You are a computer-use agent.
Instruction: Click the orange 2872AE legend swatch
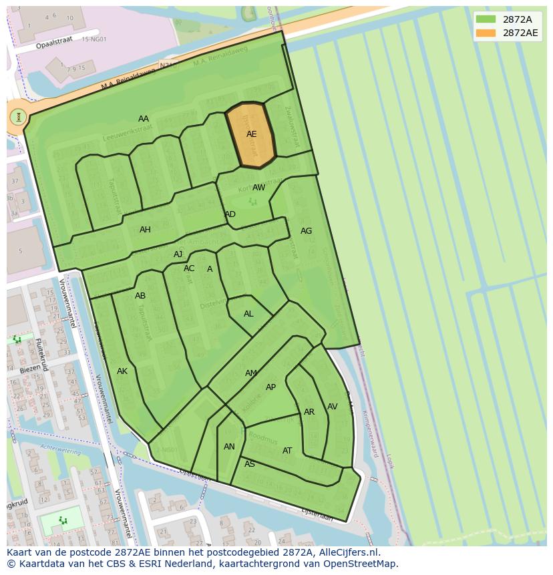tap(486, 33)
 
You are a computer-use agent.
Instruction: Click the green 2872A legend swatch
tap(486, 19)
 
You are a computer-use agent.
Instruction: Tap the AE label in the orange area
tap(251, 134)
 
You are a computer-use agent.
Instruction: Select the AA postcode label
tap(144, 119)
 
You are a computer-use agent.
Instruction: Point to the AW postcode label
tap(258, 188)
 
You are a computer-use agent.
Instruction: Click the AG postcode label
tap(306, 231)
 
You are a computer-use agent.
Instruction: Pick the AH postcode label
tap(145, 230)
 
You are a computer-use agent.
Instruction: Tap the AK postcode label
tap(122, 371)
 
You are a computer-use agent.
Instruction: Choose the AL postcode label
tap(248, 314)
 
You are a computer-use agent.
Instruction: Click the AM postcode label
tap(251, 373)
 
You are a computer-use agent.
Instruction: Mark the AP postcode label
tap(270, 387)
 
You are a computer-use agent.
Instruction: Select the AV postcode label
tap(332, 407)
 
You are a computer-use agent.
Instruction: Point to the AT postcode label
tap(287, 451)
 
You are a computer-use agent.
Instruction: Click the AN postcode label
tap(229, 447)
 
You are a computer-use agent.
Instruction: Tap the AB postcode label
tap(140, 296)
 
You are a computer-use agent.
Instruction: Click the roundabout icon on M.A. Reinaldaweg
tap(18, 117)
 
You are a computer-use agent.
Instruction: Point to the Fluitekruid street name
tap(42, 355)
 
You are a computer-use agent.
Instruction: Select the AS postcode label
tap(250, 464)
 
